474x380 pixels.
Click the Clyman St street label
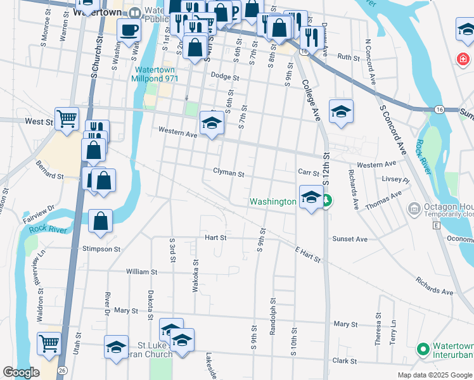(229, 172)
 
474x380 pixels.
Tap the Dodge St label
(225, 77)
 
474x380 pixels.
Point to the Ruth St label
(348, 57)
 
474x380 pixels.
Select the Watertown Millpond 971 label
(155, 74)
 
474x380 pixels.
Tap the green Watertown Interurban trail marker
(423, 348)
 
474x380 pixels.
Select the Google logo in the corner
(21, 372)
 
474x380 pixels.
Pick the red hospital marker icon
(464, 60)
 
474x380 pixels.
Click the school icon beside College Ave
(341, 111)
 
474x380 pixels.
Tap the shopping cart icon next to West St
(67, 117)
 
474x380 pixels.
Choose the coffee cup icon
(129, 30)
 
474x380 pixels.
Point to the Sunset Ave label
(350, 239)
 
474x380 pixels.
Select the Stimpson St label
(101, 250)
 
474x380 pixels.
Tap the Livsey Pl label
(396, 179)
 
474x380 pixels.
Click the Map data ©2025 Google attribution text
(435, 375)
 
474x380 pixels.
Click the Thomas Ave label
(383, 201)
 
